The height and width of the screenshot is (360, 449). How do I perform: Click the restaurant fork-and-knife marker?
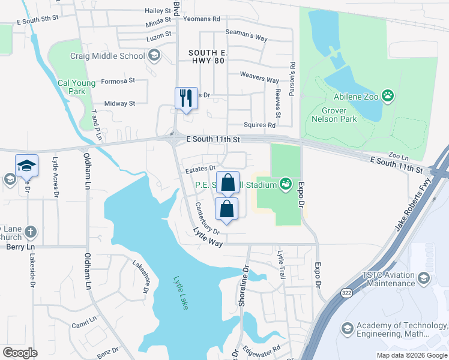[x=186, y=97]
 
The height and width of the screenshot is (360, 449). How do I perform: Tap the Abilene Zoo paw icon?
[x=389, y=94]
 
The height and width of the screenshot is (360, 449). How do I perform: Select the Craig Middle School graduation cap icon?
[x=154, y=56]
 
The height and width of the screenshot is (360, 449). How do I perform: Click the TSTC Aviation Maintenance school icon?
[x=424, y=278]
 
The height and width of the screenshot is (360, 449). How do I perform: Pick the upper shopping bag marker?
[x=228, y=182]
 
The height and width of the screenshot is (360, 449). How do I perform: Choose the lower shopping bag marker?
[x=226, y=209]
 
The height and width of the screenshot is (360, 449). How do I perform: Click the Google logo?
[x=20, y=353]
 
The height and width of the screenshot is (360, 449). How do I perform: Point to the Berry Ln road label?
[x=17, y=246]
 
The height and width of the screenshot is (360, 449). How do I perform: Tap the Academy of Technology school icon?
[x=346, y=328]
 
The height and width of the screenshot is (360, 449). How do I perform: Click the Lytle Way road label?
[x=208, y=237]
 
